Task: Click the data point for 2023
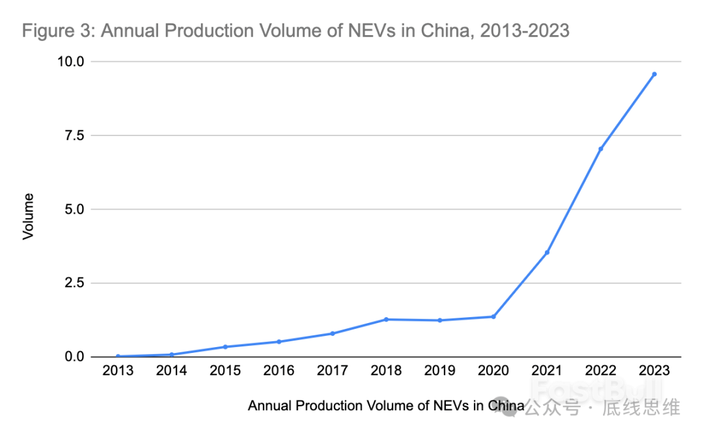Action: pos(654,74)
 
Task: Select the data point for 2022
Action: pos(601,149)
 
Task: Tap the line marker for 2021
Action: pos(547,252)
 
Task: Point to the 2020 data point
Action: pos(493,316)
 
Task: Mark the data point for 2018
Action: pos(386,319)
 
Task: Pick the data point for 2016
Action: pos(279,341)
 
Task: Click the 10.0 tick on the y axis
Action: pos(70,62)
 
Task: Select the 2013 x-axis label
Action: pos(118,371)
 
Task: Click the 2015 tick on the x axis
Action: pos(225,371)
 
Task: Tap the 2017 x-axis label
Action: pos(333,371)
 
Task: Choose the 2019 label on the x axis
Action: pos(440,371)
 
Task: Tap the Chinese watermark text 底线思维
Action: pos(641,408)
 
